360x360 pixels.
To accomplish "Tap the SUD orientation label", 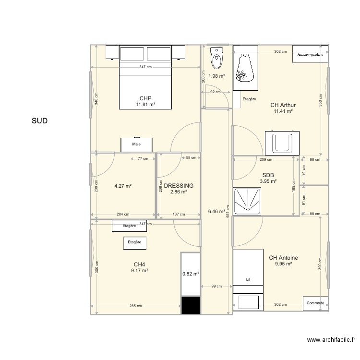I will tap(39, 121).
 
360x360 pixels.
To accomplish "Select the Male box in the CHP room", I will tap(136, 144).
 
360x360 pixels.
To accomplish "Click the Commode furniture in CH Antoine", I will tap(316, 303).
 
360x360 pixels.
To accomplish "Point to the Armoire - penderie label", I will tap(310, 54).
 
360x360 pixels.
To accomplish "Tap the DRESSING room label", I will tap(179, 186).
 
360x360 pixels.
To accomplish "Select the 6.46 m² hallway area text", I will tap(216, 211).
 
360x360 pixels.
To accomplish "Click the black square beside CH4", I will tap(191, 305).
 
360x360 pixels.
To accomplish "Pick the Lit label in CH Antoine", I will tap(248, 279).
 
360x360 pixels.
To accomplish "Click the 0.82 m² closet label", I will tap(190, 274).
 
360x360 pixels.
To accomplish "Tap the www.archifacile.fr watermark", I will tap(331, 340).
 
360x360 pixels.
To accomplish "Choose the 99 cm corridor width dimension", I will tap(216, 287).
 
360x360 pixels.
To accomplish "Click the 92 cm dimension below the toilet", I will tap(215, 92).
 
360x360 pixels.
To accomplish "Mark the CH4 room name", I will tap(139, 264).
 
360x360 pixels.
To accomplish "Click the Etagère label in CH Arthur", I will tap(249, 99).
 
